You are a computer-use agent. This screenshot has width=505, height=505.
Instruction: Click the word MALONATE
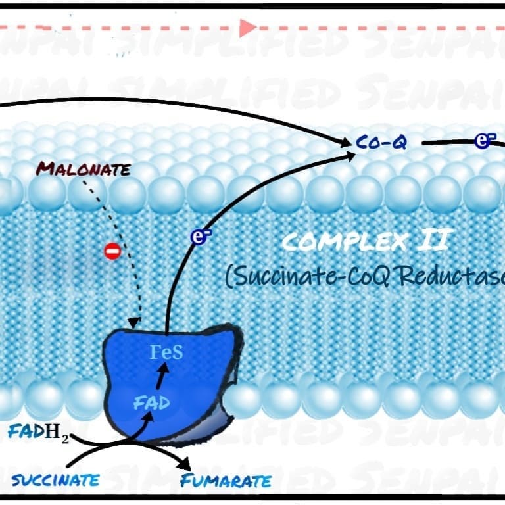(x=83, y=169)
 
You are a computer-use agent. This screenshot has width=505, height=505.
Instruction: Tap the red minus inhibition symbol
(x=112, y=251)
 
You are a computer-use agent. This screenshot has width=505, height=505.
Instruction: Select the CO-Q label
(x=381, y=142)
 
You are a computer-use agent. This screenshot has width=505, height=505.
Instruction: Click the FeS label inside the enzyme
(x=166, y=352)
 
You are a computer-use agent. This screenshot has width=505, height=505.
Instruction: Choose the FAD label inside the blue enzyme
(x=152, y=402)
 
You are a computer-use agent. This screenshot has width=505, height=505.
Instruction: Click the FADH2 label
(x=38, y=433)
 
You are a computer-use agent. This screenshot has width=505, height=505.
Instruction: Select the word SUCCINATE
(x=55, y=479)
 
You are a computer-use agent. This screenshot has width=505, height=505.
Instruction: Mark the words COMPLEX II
(x=365, y=242)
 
